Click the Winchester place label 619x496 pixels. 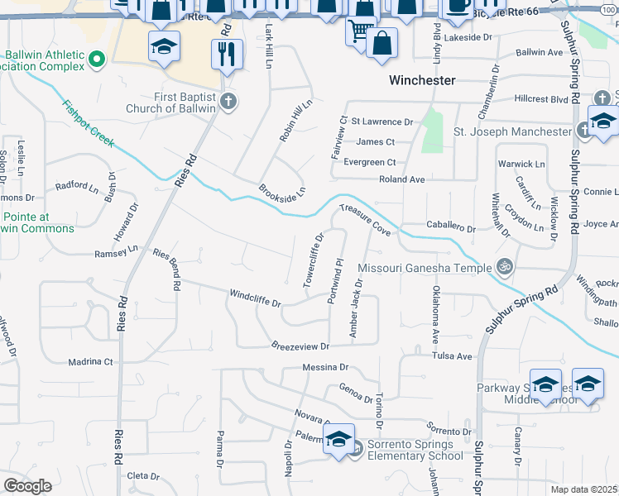click(422, 80)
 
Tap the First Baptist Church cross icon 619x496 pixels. click(229, 102)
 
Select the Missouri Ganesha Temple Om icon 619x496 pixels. click(501, 266)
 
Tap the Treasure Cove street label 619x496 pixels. click(365, 218)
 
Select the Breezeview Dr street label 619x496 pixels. click(301, 346)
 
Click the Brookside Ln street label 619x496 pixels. click(282, 189)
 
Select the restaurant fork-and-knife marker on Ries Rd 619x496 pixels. click(226, 55)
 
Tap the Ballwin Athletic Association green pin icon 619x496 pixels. click(97, 59)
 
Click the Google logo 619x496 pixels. click(27, 486)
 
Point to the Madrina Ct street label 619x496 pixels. click(90, 361)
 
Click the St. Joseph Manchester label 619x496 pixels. click(512, 131)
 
